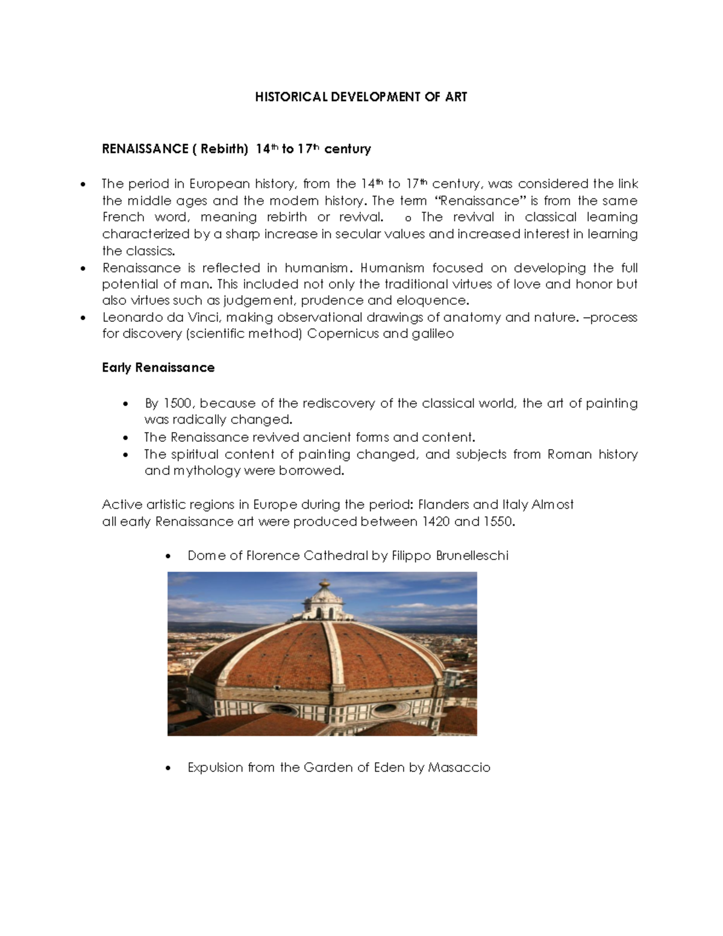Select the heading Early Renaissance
(158, 368)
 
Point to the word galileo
(431, 333)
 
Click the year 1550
(499, 522)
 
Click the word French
(124, 217)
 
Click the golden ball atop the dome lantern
(325, 583)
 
